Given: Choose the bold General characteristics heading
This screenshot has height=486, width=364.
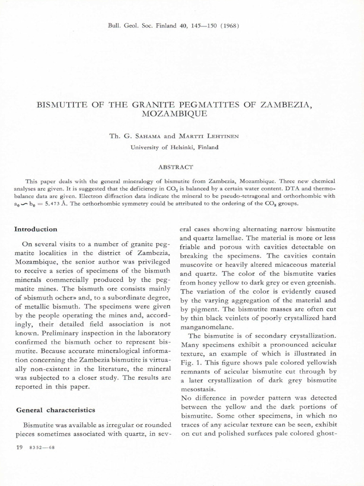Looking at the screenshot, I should [x=55, y=410].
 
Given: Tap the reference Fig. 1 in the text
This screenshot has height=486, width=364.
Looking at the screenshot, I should [x=190, y=363].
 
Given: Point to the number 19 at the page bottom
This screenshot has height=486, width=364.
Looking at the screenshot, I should [x=19, y=448].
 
